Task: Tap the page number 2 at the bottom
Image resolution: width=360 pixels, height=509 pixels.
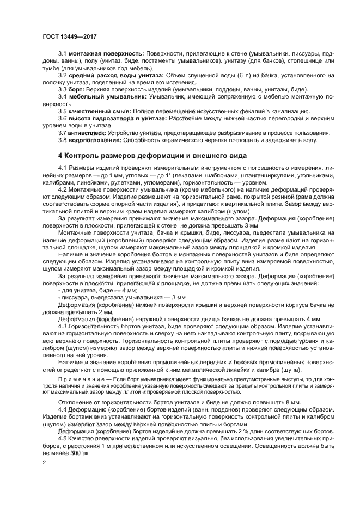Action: point(44,462)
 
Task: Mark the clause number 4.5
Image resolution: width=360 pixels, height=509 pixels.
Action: point(62,438)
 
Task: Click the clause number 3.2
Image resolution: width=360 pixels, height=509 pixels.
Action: point(62,75)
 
